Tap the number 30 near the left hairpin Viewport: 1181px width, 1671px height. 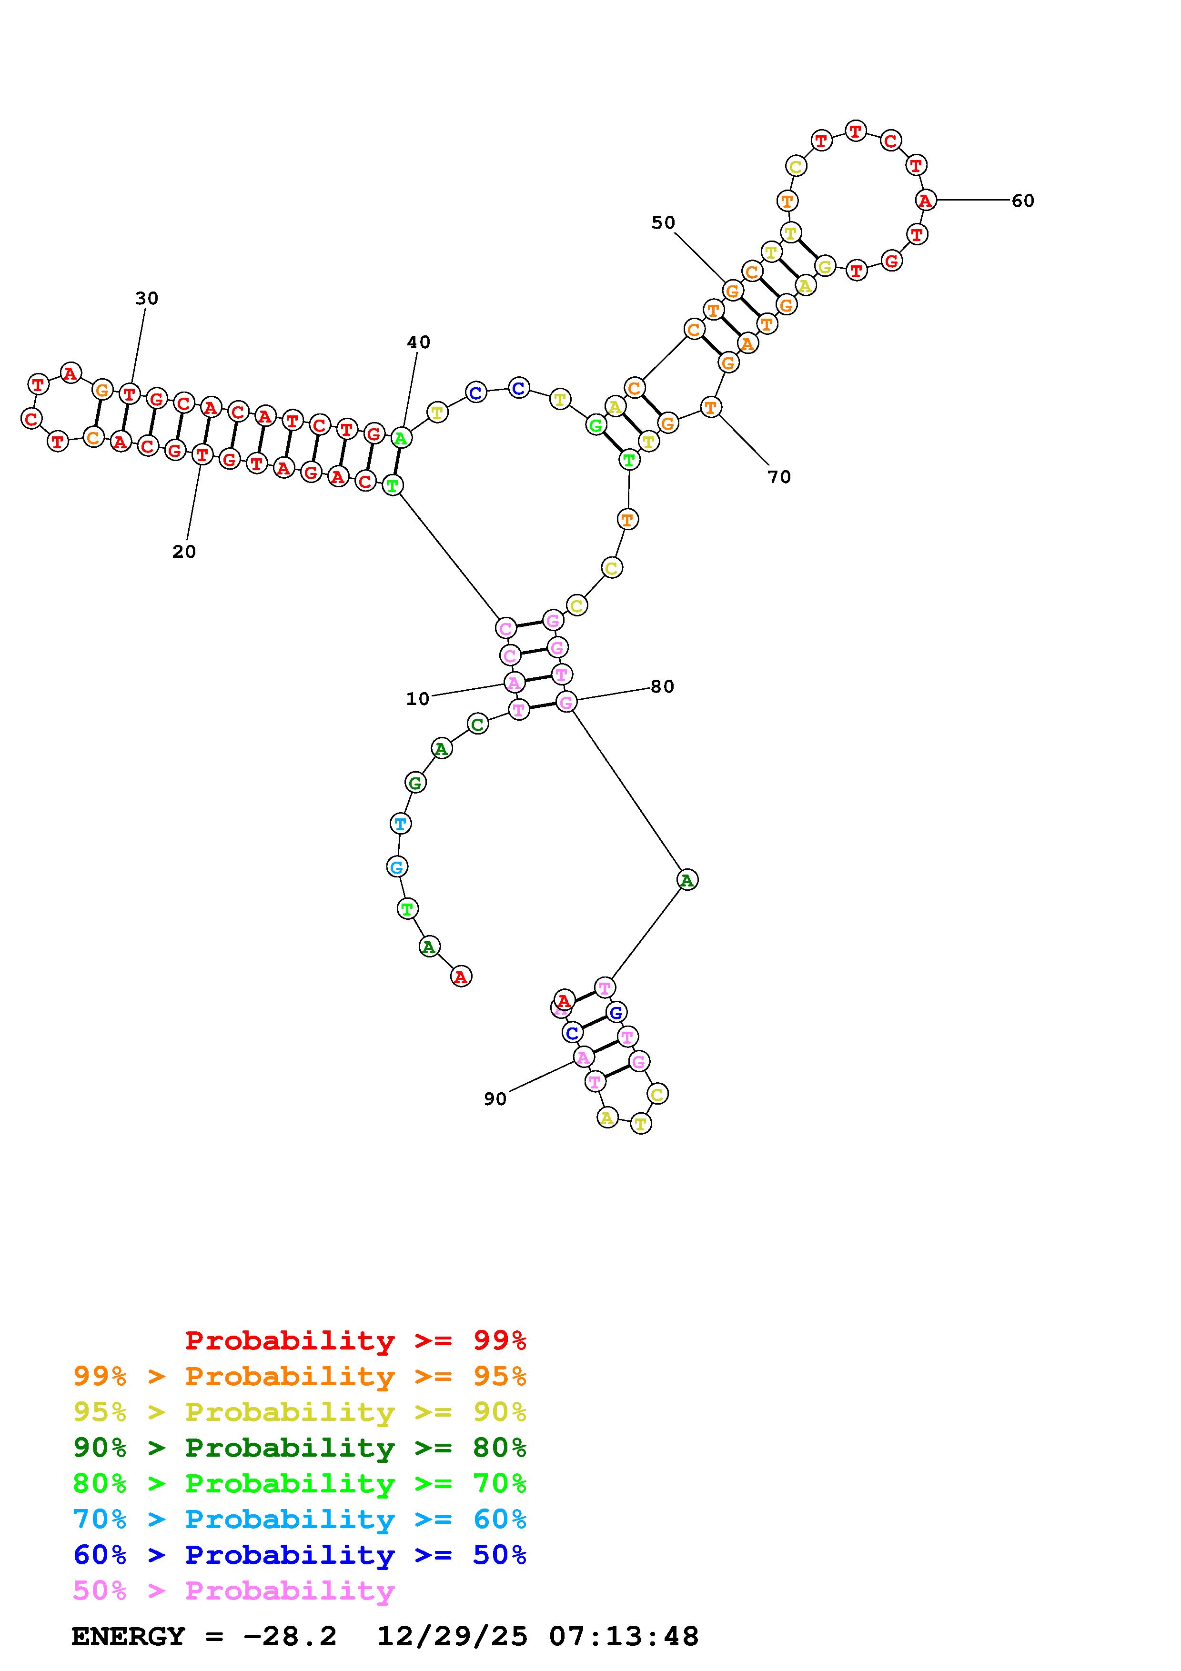click(x=146, y=298)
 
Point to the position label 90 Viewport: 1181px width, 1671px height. click(x=495, y=1099)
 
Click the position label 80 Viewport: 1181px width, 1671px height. click(x=661, y=686)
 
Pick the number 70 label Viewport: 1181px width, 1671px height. click(x=778, y=477)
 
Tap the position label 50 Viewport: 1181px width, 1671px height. click(x=663, y=223)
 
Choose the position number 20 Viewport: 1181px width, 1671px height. click(x=184, y=552)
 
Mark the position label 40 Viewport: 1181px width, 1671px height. click(x=418, y=342)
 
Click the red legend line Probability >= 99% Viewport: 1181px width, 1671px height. click(x=356, y=1340)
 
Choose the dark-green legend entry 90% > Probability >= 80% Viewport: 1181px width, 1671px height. click(x=300, y=1448)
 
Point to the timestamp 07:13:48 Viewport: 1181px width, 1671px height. click(x=624, y=1636)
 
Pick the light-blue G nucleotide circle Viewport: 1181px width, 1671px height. click(x=396, y=867)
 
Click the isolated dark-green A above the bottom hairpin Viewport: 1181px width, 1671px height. click(x=687, y=880)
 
